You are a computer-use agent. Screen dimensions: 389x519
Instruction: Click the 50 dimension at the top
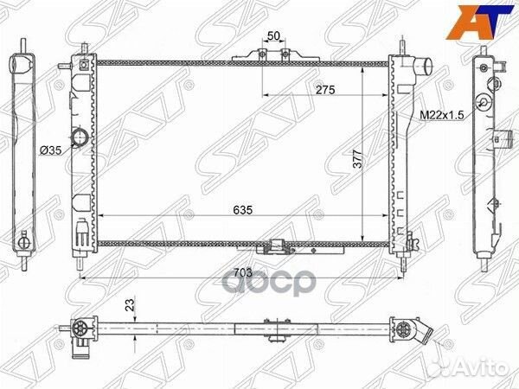(x=273, y=36)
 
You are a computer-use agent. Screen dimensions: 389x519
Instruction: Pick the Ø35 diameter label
(x=50, y=150)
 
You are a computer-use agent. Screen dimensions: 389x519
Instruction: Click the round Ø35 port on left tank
(x=80, y=137)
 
